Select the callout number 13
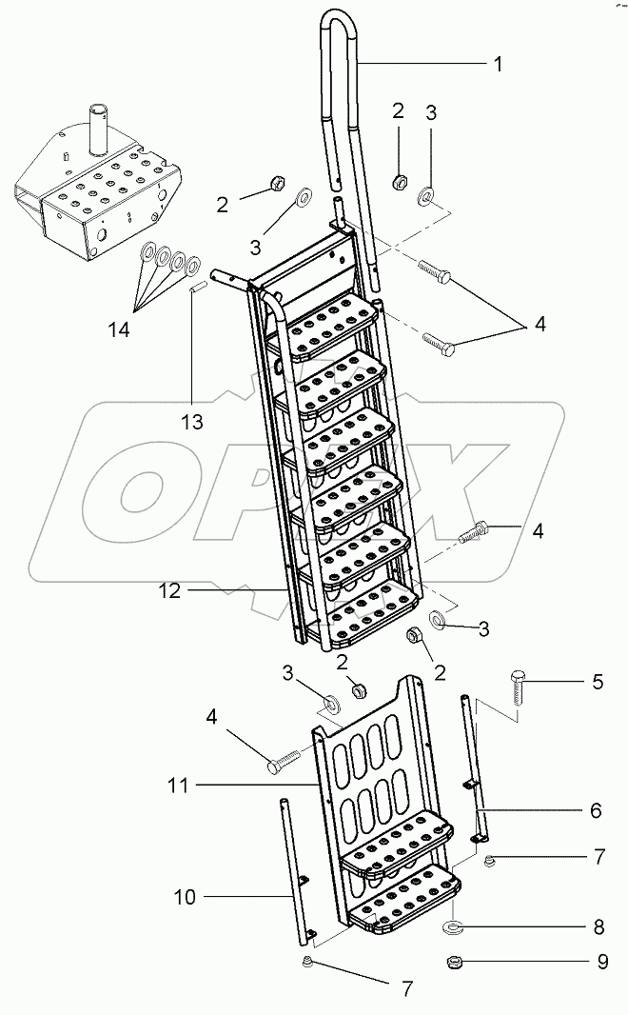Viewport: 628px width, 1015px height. coord(193,422)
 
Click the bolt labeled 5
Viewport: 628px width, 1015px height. coord(515,687)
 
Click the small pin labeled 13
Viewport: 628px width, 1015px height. coord(193,288)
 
